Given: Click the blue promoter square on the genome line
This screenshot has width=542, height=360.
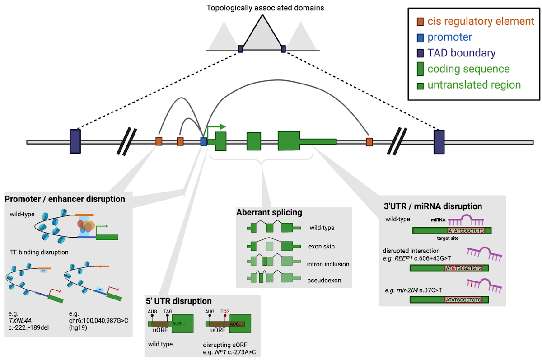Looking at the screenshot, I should click(204, 142).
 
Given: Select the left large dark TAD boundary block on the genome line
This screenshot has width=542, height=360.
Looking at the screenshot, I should click(75, 141).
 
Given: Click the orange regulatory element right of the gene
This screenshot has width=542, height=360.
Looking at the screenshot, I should click(369, 142).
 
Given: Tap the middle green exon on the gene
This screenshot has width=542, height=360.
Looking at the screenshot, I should click(254, 141).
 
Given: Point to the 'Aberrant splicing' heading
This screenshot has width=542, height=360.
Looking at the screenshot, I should click(269, 212).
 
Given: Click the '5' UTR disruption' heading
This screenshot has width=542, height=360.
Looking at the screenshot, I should click(178, 301).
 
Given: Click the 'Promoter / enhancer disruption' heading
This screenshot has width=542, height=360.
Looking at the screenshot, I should click(65, 199).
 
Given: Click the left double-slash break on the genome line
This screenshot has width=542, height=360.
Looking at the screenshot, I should click(125, 141).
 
